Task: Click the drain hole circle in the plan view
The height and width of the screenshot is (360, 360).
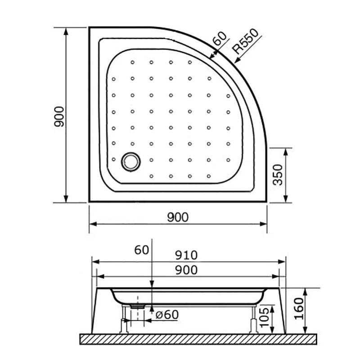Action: [131, 161]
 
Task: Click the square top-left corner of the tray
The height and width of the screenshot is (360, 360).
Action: [90, 28]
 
